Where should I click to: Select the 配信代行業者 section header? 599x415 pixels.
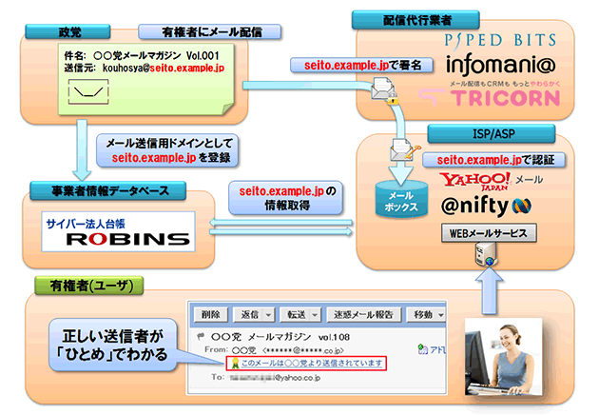tap(396, 18)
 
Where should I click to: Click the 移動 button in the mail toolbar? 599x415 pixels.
tap(419, 313)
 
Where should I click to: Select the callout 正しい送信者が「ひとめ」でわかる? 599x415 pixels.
tap(116, 344)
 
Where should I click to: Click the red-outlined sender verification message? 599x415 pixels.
tap(304, 364)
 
